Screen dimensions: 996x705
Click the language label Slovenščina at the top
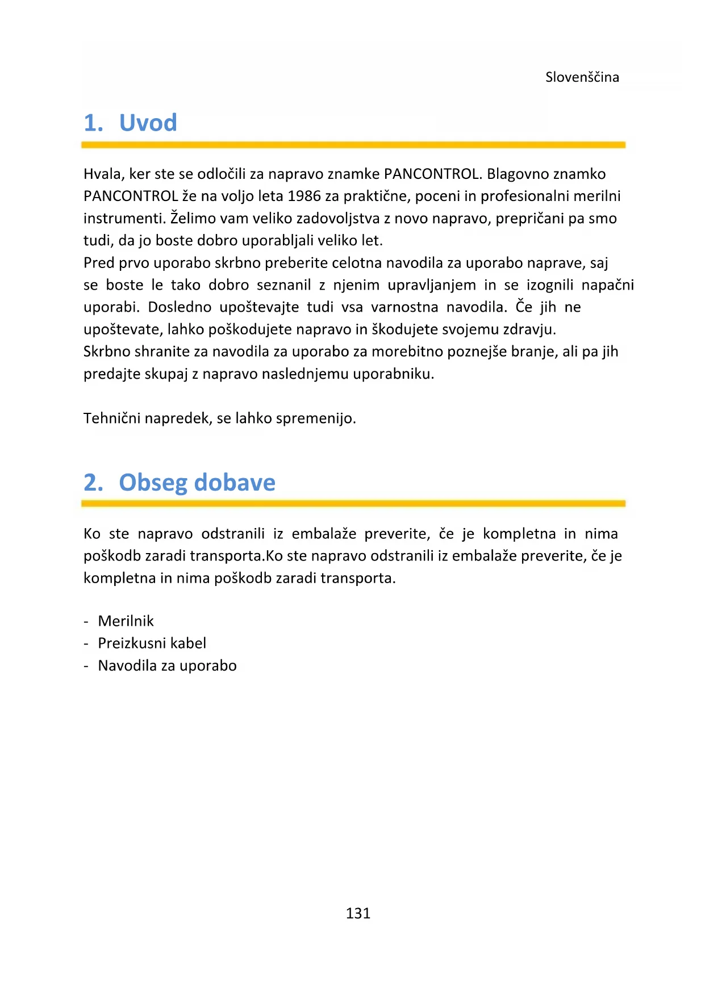point(582,77)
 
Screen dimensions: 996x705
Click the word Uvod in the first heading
point(148,123)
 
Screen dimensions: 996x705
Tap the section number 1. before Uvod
point(94,123)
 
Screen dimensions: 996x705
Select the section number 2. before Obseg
point(94,483)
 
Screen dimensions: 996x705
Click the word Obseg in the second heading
point(153,483)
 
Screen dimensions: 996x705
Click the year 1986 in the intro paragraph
point(304,196)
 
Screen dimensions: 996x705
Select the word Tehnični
point(112,419)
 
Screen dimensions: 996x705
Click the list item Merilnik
point(126,621)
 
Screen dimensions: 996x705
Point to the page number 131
point(358,913)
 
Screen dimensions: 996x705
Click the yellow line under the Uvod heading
point(353,145)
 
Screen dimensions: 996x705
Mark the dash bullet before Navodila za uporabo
point(86,666)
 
